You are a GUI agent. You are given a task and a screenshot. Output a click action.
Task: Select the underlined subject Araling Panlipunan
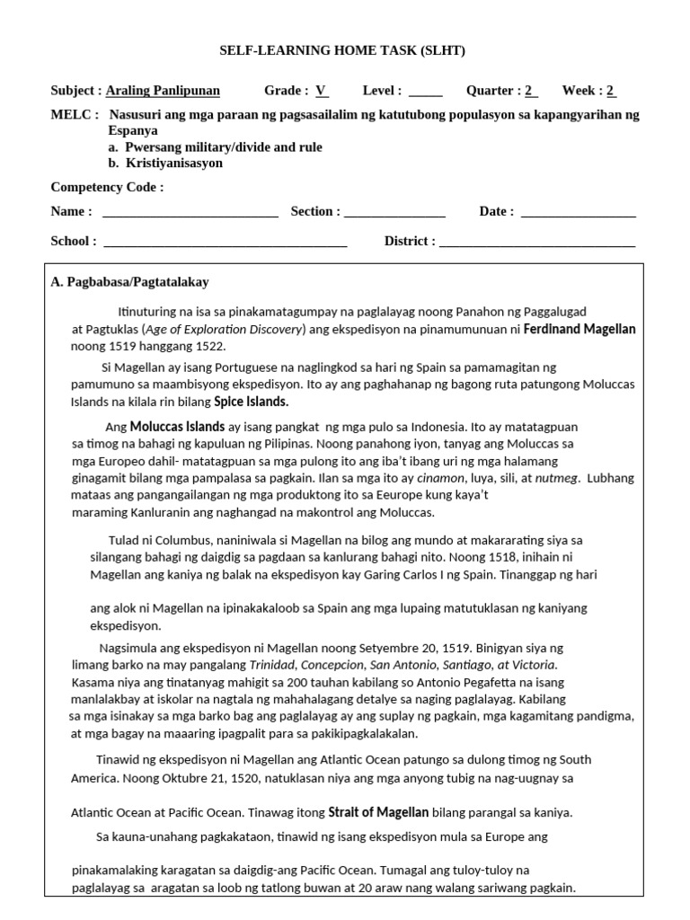pos(163,91)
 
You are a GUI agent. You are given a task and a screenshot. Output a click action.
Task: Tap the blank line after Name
pos(190,213)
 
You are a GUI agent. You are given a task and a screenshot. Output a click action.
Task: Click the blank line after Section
pos(394,213)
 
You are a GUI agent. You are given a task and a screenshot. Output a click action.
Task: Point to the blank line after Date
pos(578,213)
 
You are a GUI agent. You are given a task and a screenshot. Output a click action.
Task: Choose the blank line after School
pos(226,242)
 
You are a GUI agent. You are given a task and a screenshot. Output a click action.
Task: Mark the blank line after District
pos(537,242)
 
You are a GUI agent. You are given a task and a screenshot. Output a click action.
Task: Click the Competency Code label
pos(107,187)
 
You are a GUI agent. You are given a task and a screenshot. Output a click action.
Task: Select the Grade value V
pos(321,91)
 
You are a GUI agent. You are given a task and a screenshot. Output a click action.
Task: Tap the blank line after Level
pos(425,91)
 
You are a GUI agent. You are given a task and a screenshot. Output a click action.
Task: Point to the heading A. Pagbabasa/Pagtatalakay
pos(130,282)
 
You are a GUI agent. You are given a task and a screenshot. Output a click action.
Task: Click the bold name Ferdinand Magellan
pos(579,330)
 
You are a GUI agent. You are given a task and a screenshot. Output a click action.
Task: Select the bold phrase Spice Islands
pos(251,402)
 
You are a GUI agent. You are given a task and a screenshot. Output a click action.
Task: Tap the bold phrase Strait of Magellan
pos(378,813)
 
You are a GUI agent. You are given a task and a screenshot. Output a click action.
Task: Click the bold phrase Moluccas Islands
pos(177,427)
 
